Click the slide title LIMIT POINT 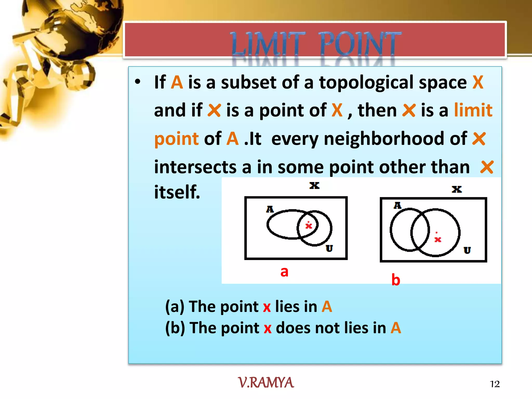[x=316, y=43]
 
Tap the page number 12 [x=495, y=384]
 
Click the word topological [x=366, y=83]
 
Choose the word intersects [x=195, y=167]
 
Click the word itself [x=177, y=192]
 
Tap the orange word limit [x=473, y=110]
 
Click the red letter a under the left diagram [x=284, y=272]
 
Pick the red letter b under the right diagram [x=396, y=280]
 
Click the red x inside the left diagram [x=309, y=225]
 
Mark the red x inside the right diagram [x=438, y=239]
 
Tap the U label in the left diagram [x=329, y=248]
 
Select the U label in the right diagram [x=467, y=250]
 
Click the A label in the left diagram [x=270, y=209]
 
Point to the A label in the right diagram [x=397, y=205]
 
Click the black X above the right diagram [x=457, y=189]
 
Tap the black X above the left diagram [x=314, y=185]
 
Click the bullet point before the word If [x=138, y=82]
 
